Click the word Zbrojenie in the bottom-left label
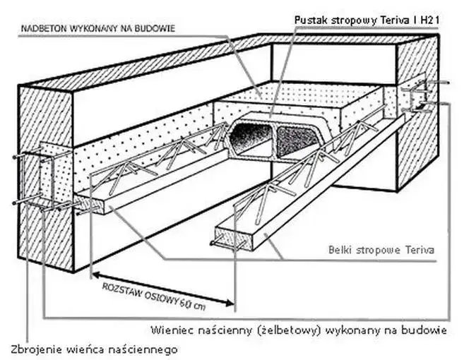coord(33,349)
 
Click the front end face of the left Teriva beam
coord(92,204)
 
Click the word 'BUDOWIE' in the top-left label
coord(156,28)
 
